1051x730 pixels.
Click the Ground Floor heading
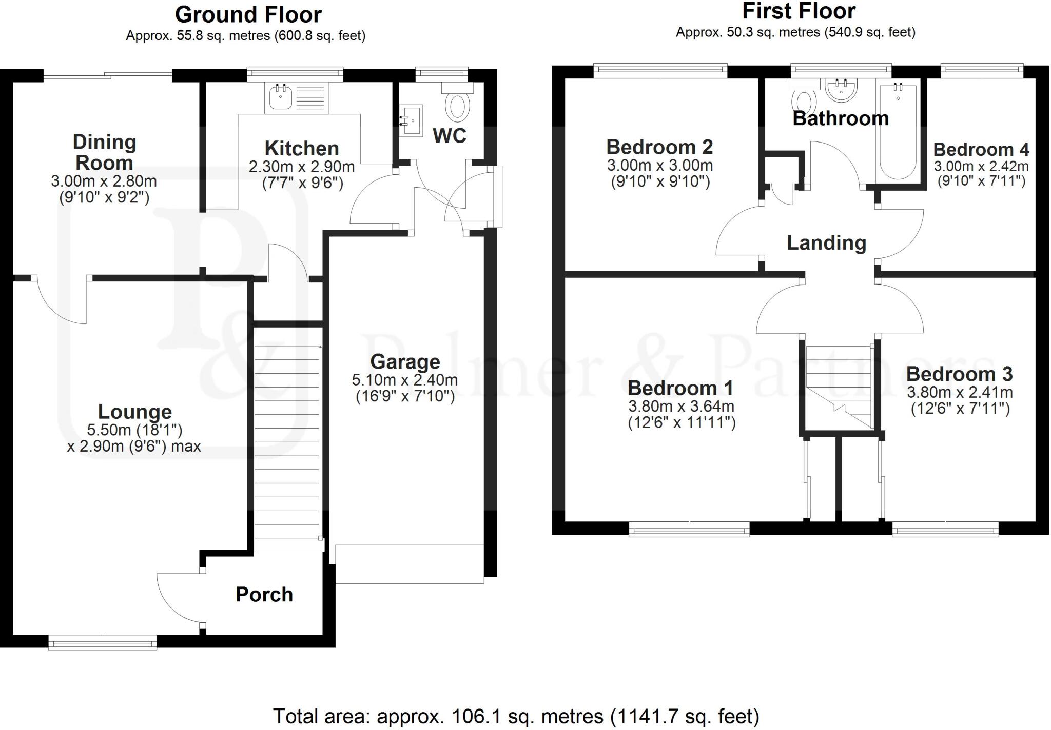point(248,15)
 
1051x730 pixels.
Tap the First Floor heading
point(799,11)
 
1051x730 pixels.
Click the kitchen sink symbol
point(280,97)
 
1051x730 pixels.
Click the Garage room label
point(405,362)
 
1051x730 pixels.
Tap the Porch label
point(264,595)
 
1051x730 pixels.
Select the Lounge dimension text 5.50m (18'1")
point(135,430)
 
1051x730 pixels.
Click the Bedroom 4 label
point(981,150)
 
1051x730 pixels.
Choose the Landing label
point(826,242)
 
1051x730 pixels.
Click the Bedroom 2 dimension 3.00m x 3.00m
point(660,166)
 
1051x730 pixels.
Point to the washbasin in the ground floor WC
point(411,120)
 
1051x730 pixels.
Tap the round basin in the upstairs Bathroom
point(841,91)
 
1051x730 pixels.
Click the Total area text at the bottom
point(516,716)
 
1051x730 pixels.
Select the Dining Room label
point(104,153)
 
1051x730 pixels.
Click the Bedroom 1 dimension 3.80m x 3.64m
point(681,407)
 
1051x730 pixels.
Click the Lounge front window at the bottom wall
point(103,642)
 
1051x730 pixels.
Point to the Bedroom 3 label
point(959,374)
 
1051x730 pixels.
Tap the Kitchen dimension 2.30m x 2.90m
point(302,167)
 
